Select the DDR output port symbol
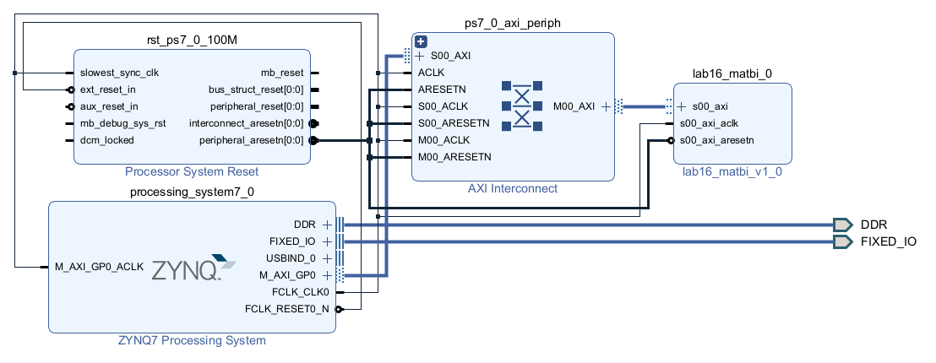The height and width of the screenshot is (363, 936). coord(843,225)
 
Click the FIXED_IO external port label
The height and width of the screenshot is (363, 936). coord(888,241)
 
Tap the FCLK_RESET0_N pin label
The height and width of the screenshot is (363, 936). coord(287,309)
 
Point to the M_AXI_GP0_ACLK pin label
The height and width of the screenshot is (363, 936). coord(99,267)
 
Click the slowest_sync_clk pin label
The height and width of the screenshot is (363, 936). coord(119,73)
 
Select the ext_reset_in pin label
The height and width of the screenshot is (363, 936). coord(108,90)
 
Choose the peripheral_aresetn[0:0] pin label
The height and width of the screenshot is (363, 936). coord(251,141)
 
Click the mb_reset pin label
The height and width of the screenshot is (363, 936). coord(282,73)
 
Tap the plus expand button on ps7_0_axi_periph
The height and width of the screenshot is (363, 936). coord(421,41)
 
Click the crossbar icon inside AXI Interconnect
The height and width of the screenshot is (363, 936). coord(522,106)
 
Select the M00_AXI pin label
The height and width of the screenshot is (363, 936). coord(574,106)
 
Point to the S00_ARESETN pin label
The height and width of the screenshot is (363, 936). coord(454,123)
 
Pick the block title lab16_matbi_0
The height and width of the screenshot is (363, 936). coord(732,74)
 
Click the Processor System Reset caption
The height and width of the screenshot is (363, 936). coord(192,171)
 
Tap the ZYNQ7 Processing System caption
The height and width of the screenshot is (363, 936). coord(192,341)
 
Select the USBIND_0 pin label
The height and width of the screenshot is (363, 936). coord(291,258)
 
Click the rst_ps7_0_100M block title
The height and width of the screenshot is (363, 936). coord(192,40)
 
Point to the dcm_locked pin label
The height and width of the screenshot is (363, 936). coord(106,141)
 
